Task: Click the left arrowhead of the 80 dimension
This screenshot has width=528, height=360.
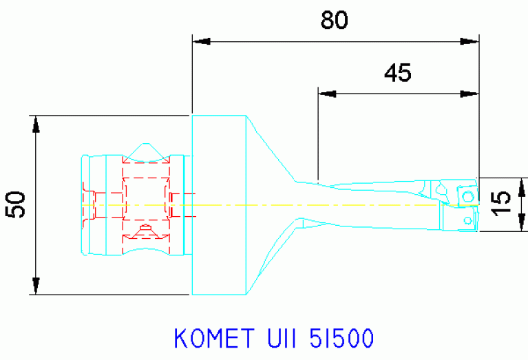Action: (x=200, y=42)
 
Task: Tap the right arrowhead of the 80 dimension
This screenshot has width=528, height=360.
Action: (x=470, y=42)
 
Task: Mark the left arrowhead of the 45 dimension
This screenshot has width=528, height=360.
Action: (x=326, y=92)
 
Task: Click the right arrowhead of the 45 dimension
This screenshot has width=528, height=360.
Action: (x=470, y=92)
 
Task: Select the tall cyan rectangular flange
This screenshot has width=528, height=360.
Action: (x=218, y=204)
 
